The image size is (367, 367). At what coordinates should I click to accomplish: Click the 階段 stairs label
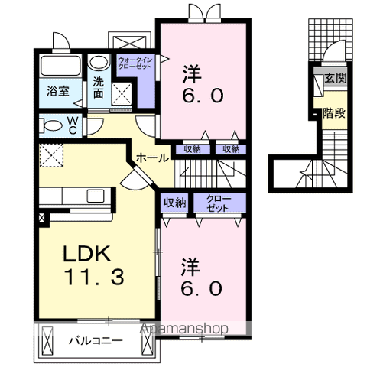[x=332, y=112]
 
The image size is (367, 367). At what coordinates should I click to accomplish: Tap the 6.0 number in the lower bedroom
[x=202, y=289]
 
